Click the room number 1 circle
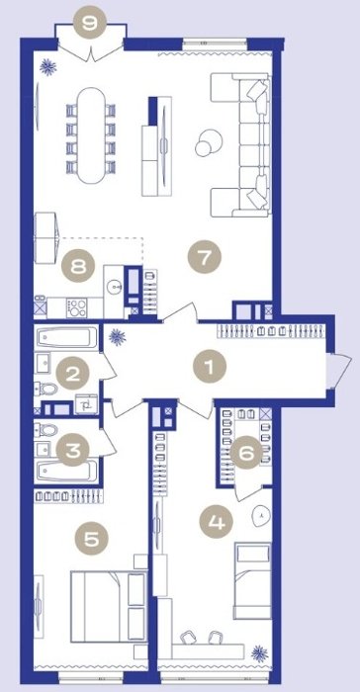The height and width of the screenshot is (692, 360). pos(210,367)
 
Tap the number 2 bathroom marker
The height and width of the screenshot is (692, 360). pos(73,375)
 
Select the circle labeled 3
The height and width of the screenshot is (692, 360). pos(73,450)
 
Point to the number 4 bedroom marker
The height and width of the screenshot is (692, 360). pos(216,523)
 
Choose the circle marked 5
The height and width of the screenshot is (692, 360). pos(91,539)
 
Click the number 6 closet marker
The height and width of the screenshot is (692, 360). pos(246,452)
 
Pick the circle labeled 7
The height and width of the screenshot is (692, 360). pos(204,257)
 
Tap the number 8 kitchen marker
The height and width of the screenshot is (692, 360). pos(78,267)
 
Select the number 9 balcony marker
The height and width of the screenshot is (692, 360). pos(90,22)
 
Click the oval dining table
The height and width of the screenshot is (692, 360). pos(91,135)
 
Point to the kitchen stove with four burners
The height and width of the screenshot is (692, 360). pos(76,307)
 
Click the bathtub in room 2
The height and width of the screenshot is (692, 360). pos(67,338)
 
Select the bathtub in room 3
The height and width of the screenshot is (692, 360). pos(67,471)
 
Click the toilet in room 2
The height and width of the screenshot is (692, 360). pos(46,389)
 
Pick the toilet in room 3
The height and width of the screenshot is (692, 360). pos(46,429)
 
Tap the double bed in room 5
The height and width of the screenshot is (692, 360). pos(108,605)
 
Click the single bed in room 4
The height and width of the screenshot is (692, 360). pos(252,580)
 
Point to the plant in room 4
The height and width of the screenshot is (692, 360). pos(259,653)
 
